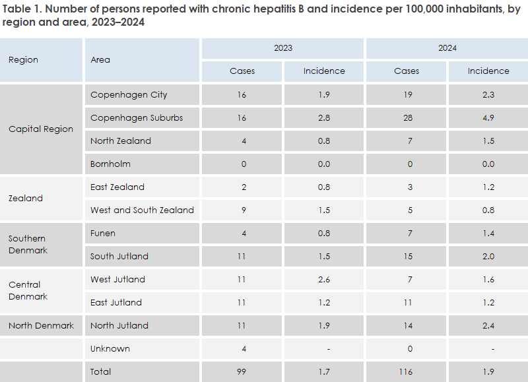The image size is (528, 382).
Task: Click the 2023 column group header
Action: (x=283, y=48)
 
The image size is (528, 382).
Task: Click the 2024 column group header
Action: (x=447, y=48)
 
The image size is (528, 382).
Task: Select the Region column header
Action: (x=23, y=59)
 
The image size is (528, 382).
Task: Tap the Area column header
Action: (x=100, y=59)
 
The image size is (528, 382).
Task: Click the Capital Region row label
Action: (x=40, y=129)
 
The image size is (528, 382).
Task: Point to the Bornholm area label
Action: (x=110, y=164)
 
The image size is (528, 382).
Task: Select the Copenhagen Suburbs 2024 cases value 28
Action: (x=407, y=117)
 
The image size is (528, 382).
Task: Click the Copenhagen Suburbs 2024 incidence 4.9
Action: (x=488, y=117)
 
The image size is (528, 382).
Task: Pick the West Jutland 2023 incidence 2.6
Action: (x=323, y=279)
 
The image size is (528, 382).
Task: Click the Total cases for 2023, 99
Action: (x=242, y=371)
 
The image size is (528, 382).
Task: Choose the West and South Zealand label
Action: (x=142, y=210)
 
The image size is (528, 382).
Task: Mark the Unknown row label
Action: (x=110, y=348)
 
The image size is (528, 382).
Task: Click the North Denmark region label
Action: (x=41, y=325)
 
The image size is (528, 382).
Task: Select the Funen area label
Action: (x=104, y=233)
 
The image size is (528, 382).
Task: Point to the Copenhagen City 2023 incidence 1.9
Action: (x=323, y=94)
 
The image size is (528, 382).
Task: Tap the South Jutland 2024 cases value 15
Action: (x=407, y=256)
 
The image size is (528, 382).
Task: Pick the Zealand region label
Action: (x=25, y=198)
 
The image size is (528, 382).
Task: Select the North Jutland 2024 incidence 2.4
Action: (x=488, y=325)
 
